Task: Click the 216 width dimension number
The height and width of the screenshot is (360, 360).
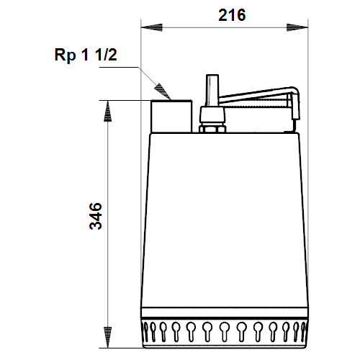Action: [x=232, y=15]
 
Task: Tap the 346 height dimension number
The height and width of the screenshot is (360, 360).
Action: [x=96, y=216]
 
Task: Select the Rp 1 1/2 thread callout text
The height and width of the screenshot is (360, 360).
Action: [x=86, y=55]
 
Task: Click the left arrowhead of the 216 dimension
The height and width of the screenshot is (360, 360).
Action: [x=152, y=27]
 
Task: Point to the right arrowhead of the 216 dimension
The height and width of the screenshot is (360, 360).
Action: [x=297, y=27]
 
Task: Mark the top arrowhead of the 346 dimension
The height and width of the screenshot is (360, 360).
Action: [x=107, y=111]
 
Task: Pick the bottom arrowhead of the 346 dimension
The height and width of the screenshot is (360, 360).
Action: [x=107, y=337]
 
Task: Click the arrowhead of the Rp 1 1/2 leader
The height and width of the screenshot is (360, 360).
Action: [x=163, y=91]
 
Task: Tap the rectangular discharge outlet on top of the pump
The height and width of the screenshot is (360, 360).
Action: [x=171, y=116]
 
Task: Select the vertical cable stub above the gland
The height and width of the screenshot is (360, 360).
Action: [x=212, y=90]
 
